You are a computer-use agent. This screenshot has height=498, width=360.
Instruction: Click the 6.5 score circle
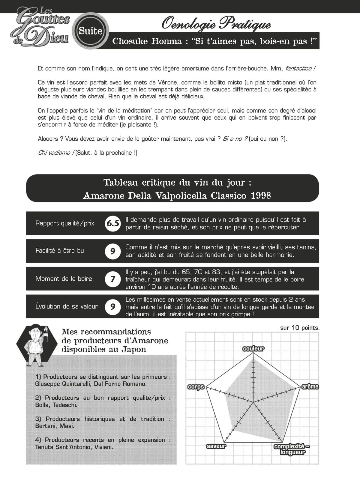click(x=113, y=223)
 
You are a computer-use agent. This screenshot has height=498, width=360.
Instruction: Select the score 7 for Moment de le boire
click(x=113, y=279)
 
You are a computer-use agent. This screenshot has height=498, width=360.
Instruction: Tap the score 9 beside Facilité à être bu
click(x=113, y=251)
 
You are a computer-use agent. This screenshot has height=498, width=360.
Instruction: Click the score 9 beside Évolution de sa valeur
click(x=113, y=307)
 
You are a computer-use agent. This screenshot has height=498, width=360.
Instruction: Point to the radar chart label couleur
click(x=253, y=349)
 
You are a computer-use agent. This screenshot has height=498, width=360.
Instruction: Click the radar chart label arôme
click(x=310, y=387)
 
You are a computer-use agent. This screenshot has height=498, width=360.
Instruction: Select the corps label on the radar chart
click(x=196, y=387)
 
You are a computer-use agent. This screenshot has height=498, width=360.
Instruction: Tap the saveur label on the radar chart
click(x=216, y=446)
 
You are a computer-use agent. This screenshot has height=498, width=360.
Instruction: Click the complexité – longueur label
click(x=292, y=449)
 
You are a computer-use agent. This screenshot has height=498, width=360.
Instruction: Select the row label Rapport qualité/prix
click(x=65, y=223)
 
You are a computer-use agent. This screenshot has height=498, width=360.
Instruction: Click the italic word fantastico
click(x=300, y=68)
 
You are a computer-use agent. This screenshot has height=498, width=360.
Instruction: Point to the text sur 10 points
click(x=300, y=328)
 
